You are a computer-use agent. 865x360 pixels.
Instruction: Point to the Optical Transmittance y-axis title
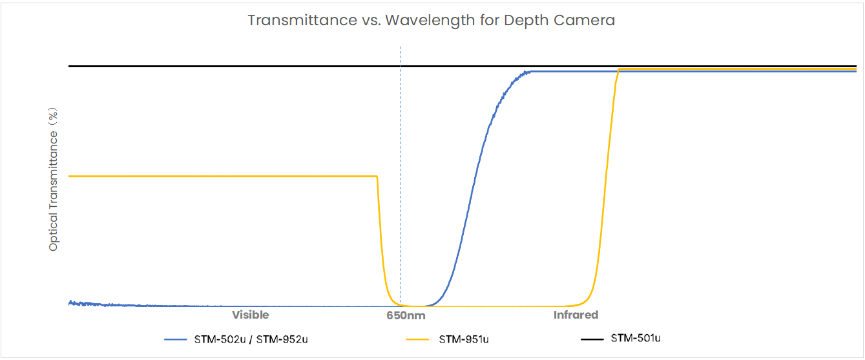click(x=54, y=180)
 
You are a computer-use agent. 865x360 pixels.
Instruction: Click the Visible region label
click(x=251, y=315)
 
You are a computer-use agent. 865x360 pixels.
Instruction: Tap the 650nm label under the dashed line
click(x=406, y=316)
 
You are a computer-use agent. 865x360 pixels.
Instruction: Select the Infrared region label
click(x=576, y=315)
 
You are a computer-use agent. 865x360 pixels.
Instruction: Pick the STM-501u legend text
click(x=636, y=338)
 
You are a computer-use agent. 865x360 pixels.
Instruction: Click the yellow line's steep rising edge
click(x=606, y=194)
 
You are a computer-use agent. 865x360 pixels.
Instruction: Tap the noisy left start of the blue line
click(x=74, y=302)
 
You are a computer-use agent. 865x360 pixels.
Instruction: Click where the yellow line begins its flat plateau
click(x=70, y=176)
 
